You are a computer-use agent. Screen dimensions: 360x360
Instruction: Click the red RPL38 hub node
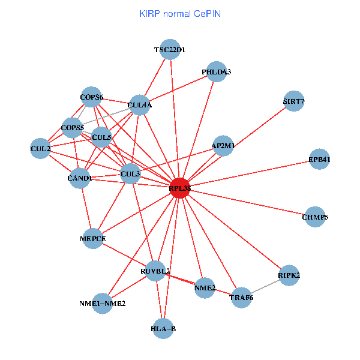(x=180, y=188)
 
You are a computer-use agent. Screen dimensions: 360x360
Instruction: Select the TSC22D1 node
(x=170, y=50)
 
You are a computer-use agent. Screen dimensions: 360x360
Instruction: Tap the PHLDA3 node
(x=216, y=72)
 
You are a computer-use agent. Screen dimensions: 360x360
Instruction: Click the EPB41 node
(x=319, y=159)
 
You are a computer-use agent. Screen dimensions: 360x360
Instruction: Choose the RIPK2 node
(x=289, y=275)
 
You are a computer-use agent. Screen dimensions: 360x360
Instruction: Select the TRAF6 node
(x=242, y=298)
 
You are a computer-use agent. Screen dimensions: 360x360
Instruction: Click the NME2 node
(x=205, y=288)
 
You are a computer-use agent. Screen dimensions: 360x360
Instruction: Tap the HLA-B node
(x=163, y=328)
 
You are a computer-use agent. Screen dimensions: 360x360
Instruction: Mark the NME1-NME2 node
(x=103, y=303)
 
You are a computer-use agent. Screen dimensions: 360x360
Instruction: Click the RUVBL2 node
(x=156, y=271)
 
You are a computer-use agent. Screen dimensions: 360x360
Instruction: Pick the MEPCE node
(x=93, y=239)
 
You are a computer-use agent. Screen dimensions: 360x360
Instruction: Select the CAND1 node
(x=80, y=178)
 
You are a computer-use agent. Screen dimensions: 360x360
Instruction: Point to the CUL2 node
(x=41, y=148)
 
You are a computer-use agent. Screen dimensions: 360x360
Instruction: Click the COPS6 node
(x=92, y=97)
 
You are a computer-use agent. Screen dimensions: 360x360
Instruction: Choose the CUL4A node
(x=140, y=106)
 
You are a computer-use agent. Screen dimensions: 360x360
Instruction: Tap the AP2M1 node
(x=223, y=146)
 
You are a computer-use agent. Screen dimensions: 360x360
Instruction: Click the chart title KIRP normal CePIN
(x=179, y=13)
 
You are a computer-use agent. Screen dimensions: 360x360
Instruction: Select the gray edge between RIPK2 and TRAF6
(x=266, y=287)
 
